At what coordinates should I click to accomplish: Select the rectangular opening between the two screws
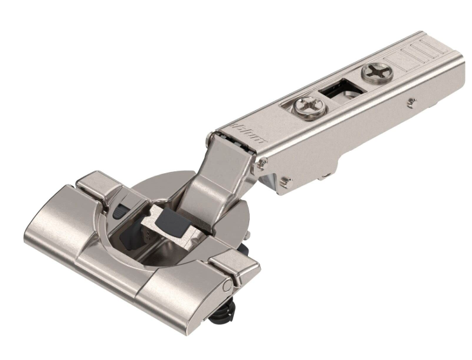click(x=339, y=89)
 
